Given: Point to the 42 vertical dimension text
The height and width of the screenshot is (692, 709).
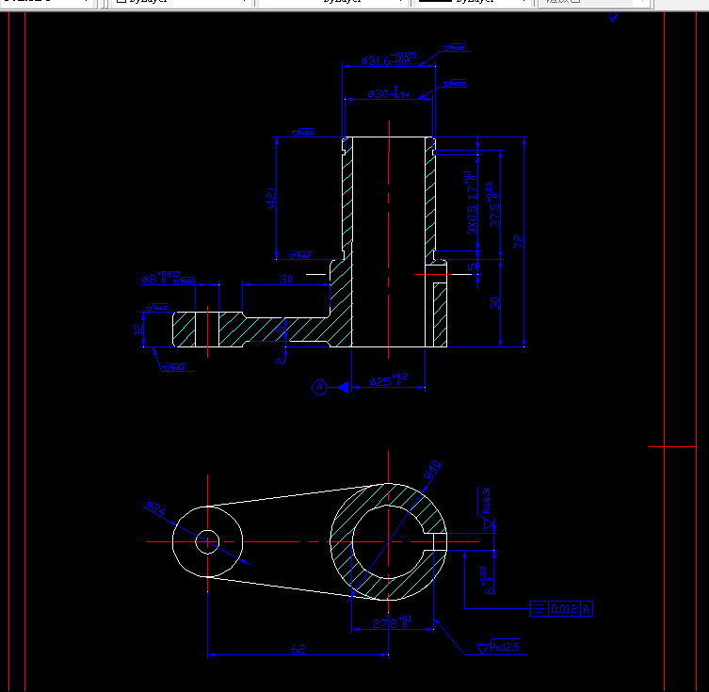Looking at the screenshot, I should coord(271,199).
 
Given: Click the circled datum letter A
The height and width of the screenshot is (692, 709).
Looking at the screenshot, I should coord(319,386).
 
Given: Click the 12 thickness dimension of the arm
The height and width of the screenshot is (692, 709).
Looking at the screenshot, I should coord(139,330).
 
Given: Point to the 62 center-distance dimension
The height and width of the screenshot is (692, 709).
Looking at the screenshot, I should coord(298,649).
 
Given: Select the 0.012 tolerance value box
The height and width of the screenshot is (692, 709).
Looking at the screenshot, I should coord(565,608).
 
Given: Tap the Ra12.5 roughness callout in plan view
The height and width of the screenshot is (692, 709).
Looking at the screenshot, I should coord(500,647).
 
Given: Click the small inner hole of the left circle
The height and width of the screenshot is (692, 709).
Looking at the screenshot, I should coord(207,541).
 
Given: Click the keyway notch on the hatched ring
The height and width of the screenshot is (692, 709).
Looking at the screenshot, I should coord(439,541).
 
